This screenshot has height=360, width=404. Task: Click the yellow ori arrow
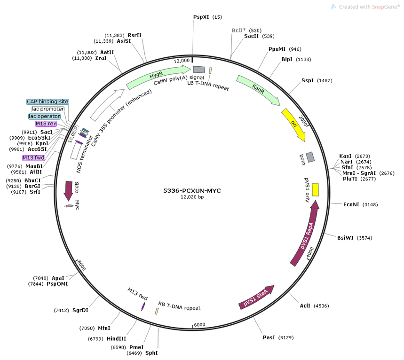294,124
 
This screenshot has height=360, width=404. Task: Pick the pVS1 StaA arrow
256,297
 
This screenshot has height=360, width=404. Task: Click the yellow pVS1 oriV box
316,189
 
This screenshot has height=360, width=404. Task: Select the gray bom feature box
310,157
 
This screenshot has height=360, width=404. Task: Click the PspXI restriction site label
201,17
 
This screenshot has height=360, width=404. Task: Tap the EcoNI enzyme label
351,204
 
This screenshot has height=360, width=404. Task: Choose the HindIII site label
116,339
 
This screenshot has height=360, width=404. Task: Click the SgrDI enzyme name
80,310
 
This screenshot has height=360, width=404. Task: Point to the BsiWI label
345,238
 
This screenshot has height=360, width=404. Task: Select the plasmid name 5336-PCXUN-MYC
192,191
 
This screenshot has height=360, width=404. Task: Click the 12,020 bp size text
192,197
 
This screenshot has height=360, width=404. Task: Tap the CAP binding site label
48,102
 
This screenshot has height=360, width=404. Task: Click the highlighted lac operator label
44,117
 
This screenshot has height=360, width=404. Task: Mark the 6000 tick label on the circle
199,325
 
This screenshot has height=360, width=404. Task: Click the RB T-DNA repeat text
179,306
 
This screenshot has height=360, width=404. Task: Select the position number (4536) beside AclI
321,306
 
